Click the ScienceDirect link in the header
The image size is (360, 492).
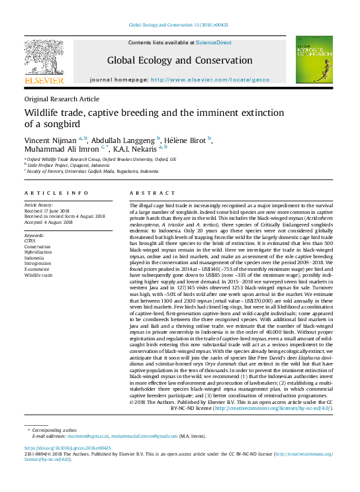click(213, 42)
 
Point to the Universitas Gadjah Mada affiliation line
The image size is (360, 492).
click(93, 171)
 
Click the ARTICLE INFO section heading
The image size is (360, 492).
click(56, 193)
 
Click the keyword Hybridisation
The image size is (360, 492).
click(42, 252)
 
